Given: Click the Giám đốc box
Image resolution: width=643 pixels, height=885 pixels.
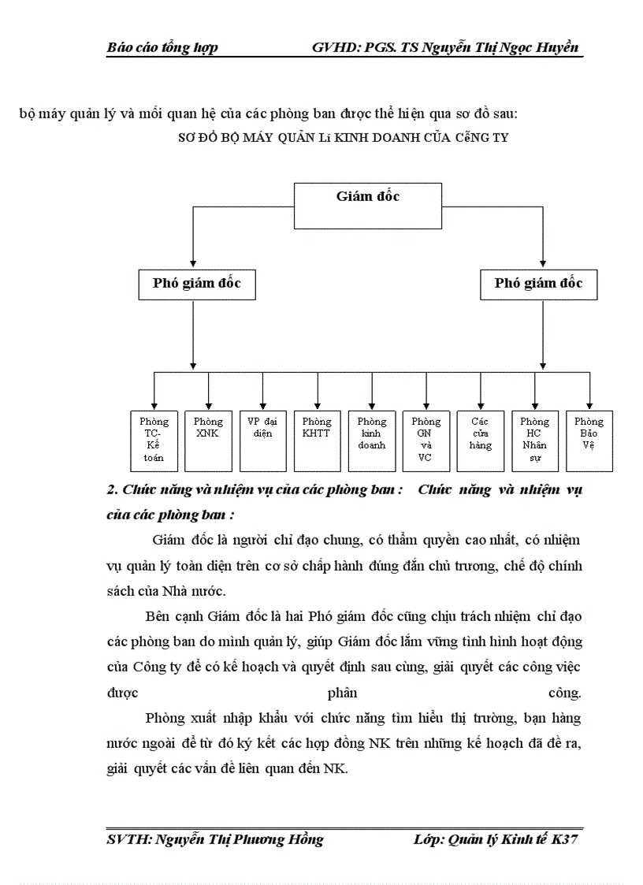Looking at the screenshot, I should pos(368,206).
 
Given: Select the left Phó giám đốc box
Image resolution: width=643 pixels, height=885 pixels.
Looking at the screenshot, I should pos(194,284).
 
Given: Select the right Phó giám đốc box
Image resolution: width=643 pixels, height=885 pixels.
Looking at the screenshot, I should pos(539,284).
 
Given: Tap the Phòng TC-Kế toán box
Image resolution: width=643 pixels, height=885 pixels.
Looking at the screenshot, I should pos(154,440).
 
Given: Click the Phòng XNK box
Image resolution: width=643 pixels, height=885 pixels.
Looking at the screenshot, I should pos(208,440).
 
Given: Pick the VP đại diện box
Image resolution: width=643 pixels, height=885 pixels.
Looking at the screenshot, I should pos(262,440).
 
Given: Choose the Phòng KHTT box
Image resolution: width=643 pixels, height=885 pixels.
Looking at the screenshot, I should pos(317,440).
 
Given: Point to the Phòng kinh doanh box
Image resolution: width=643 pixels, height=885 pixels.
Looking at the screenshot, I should pos(372,440).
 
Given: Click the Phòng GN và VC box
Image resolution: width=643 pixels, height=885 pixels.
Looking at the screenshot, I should pos(426,440).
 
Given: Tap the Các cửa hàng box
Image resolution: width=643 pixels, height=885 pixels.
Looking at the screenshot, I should pos(481,440).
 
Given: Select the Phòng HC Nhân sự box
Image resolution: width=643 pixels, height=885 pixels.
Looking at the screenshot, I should pos(535,440).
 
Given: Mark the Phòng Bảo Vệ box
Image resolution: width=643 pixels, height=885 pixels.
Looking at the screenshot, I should pos(589,440).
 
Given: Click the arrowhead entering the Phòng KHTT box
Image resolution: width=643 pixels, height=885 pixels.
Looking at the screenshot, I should pos(317,405).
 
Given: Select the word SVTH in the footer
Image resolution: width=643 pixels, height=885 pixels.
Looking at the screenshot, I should pos(127,839).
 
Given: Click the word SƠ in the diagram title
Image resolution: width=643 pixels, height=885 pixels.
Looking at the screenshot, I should pos(185,137).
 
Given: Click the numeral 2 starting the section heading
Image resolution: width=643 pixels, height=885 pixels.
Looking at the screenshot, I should pos(110,489).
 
